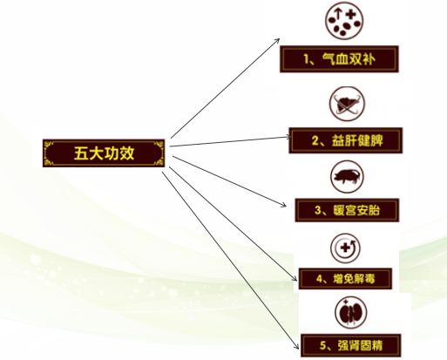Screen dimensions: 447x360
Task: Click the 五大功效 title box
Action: pyautogui.click(x=104, y=153)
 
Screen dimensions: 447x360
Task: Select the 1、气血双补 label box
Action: pyautogui.click(x=339, y=59)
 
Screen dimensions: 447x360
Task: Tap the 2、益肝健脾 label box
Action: pyautogui.click(x=345, y=140)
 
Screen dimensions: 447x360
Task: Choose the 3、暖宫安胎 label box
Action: pyautogui.click(x=347, y=210)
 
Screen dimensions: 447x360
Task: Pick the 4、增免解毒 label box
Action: pyautogui.click(x=345, y=279)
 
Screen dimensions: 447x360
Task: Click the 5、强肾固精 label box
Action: pyautogui.click(x=350, y=345)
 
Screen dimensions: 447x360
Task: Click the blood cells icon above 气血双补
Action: pyautogui.click(x=344, y=20)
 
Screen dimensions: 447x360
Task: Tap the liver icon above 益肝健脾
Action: pyautogui.click(x=347, y=104)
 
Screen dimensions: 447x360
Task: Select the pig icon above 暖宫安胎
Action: pyautogui.click(x=347, y=177)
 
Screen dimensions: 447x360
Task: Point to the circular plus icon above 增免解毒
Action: pyautogui.click(x=345, y=248)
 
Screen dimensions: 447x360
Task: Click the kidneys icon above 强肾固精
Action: pyautogui.click(x=350, y=313)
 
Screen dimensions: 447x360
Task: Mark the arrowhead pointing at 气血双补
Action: pyautogui.click(x=277, y=40)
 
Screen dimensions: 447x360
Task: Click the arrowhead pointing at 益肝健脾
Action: pyautogui.click(x=288, y=137)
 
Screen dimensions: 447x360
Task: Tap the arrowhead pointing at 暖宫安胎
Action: pyautogui.click(x=284, y=205)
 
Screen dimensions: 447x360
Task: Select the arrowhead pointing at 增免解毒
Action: pyautogui.click(x=295, y=278)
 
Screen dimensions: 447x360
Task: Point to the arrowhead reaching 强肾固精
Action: pyautogui.click(x=296, y=346)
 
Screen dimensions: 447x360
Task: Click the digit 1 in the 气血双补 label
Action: pyautogui.click(x=307, y=59)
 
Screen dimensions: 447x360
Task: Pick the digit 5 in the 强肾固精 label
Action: pyautogui.click(x=323, y=345)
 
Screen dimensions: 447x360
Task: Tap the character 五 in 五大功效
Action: pyautogui.click(x=81, y=153)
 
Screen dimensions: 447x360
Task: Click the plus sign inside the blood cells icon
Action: pyautogui.click(x=351, y=14)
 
